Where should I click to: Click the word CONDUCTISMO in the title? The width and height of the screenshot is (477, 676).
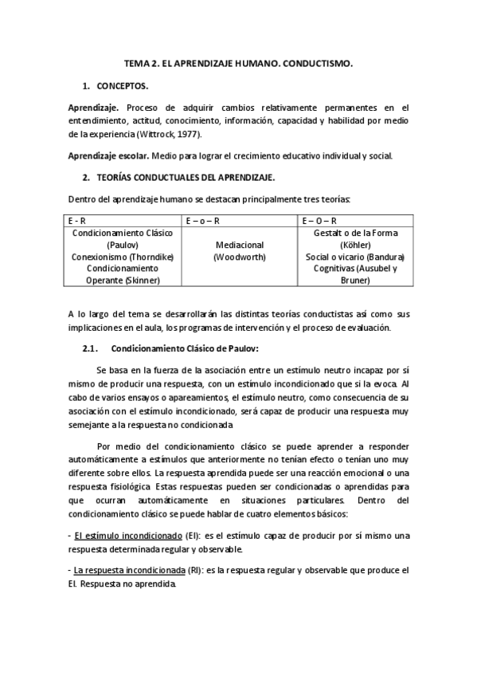[x=317, y=61]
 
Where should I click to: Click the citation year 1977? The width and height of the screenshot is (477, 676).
[x=187, y=134]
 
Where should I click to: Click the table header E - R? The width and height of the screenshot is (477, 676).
[x=79, y=220]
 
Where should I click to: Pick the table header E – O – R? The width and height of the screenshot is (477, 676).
[x=319, y=220]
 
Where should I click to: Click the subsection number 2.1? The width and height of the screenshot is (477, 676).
[x=90, y=348]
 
